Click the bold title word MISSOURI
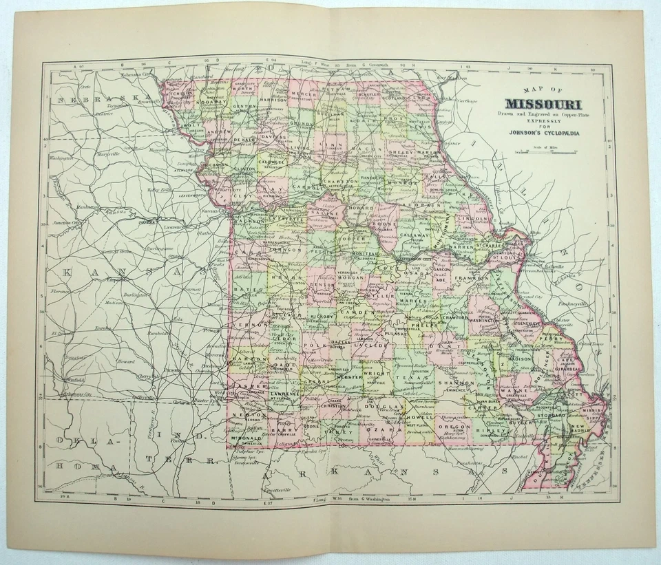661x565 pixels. [550, 105]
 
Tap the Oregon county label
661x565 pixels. [454, 426]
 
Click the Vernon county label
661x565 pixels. [246, 323]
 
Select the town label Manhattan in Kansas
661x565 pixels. [88, 206]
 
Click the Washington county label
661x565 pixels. [483, 320]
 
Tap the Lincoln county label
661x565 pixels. [472, 218]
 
